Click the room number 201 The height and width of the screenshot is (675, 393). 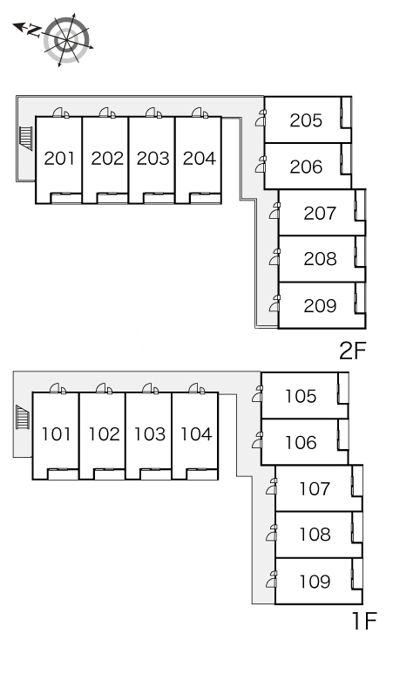[59, 159]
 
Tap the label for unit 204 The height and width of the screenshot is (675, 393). [199, 159]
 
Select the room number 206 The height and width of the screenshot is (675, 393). [306, 167]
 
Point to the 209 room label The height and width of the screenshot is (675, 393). [320, 305]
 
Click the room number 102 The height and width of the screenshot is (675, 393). [104, 434]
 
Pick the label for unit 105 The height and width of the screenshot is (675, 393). [301, 396]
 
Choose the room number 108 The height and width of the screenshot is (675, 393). [315, 535]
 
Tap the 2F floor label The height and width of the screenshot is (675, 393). [352, 351]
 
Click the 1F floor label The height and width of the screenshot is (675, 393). [364, 621]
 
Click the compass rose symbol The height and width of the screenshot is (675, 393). [66, 39]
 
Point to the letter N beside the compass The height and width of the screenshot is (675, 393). [34, 31]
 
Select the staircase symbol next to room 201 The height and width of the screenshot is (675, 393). [26, 138]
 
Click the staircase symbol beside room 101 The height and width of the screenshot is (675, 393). [23, 417]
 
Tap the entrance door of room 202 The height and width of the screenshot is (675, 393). [107, 112]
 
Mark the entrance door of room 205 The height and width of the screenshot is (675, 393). [261, 118]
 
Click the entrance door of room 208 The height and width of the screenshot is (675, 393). [274, 256]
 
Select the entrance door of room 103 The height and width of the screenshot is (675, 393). [151, 388]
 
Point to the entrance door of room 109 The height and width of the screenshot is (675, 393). [272, 579]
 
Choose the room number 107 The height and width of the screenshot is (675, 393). [315, 488]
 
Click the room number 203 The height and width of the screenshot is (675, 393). [152, 159]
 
